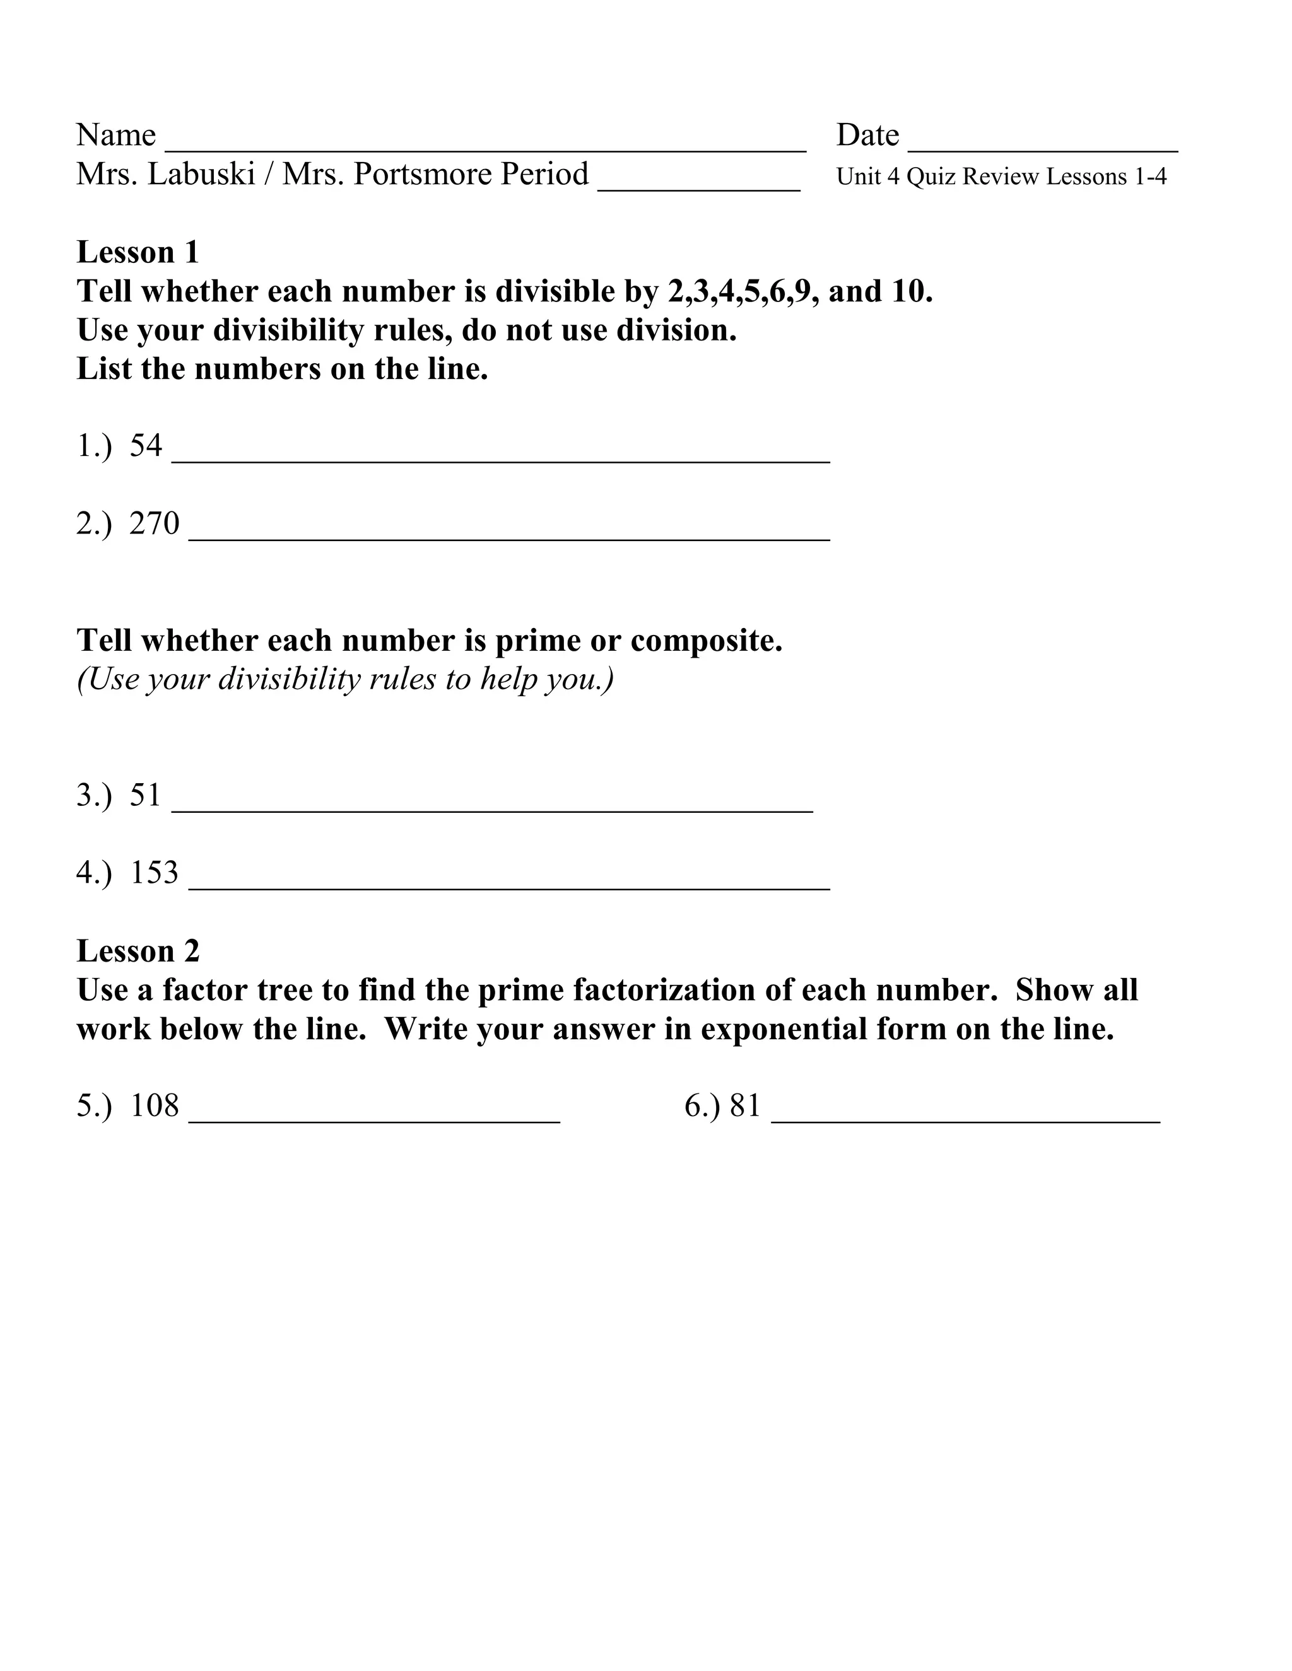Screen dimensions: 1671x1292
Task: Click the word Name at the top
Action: tap(115, 136)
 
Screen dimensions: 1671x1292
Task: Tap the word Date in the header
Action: tap(867, 136)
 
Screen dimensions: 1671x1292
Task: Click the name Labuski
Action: tap(201, 175)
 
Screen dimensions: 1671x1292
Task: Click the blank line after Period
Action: tap(698, 183)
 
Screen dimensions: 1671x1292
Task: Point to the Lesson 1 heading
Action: tap(138, 252)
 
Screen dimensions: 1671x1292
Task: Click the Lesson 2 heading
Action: tap(138, 951)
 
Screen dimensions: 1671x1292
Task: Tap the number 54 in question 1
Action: tap(146, 445)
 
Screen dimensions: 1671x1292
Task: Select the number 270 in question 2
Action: tap(154, 523)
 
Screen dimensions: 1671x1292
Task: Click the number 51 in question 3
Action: tap(146, 795)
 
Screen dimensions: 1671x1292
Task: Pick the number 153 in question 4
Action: tap(154, 872)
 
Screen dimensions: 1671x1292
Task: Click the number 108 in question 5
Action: tap(154, 1105)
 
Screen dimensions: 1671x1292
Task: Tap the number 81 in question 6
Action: tap(745, 1105)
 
